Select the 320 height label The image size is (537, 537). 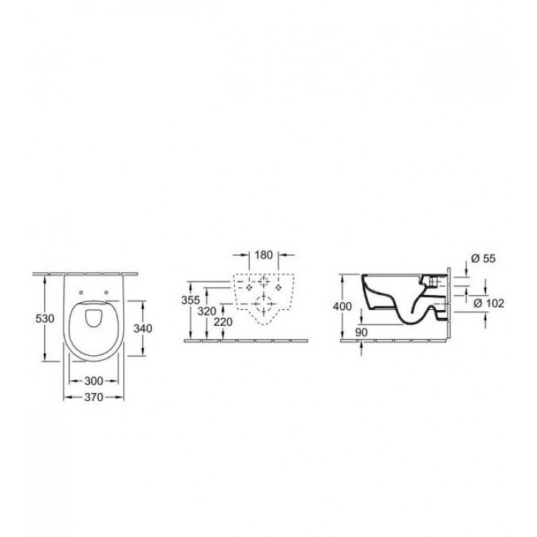pos(208,311)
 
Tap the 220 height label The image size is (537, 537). pos(225,323)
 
